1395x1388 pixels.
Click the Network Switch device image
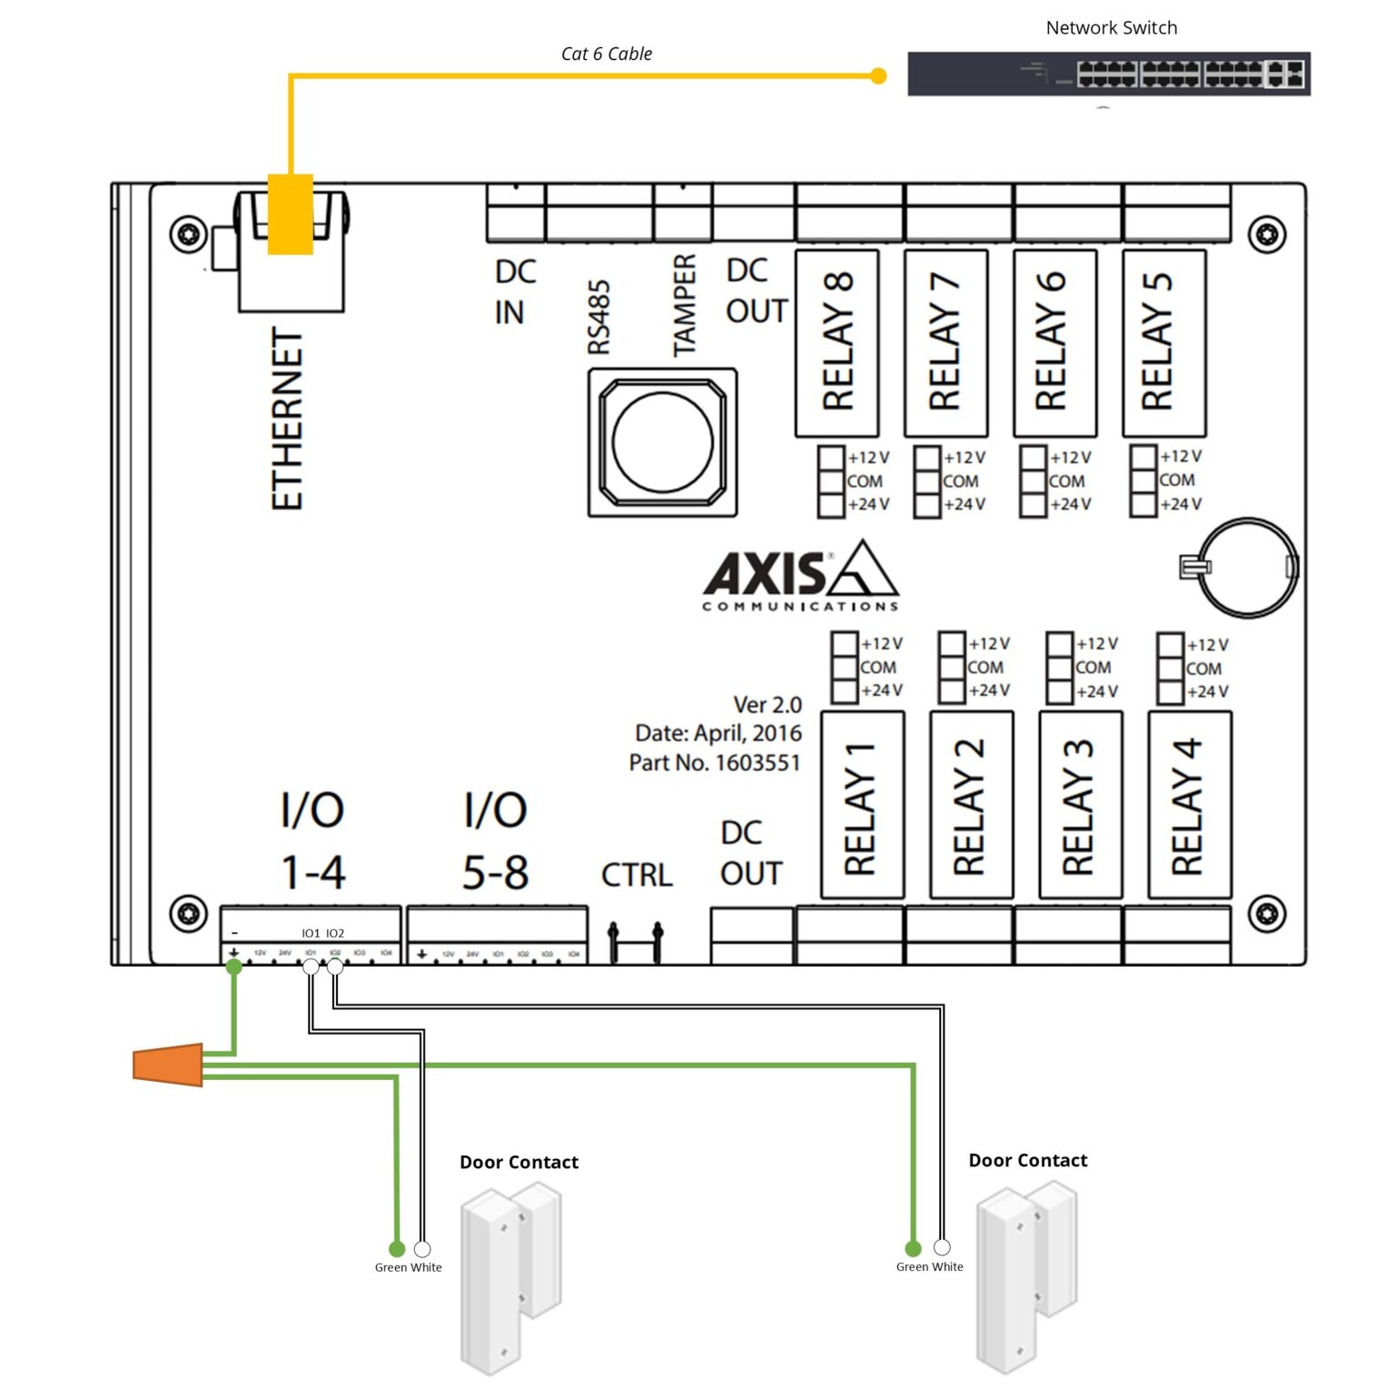click(1108, 74)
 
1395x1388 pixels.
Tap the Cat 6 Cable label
click(607, 54)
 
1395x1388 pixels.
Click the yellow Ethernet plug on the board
click(291, 214)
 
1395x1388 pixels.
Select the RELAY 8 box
click(837, 342)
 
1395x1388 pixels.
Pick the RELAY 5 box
click(1163, 342)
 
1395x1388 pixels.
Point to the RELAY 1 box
click(862, 805)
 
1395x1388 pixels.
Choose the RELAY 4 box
click(1190, 805)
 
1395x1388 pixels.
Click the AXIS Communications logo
click(800, 576)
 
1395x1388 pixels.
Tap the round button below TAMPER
click(663, 442)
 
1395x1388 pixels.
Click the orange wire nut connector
click(169, 1065)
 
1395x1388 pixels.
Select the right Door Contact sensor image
click(1025, 1277)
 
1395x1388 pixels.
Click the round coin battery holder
click(1247, 569)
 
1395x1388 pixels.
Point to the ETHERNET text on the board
click(287, 419)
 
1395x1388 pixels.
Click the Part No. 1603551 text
click(715, 762)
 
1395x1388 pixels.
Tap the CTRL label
click(637, 875)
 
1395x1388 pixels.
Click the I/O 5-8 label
click(495, 841)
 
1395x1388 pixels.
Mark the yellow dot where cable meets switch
click(878, 75)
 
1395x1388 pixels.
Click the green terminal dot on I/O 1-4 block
click(234, 967)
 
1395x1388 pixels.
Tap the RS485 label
click(599, 317)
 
